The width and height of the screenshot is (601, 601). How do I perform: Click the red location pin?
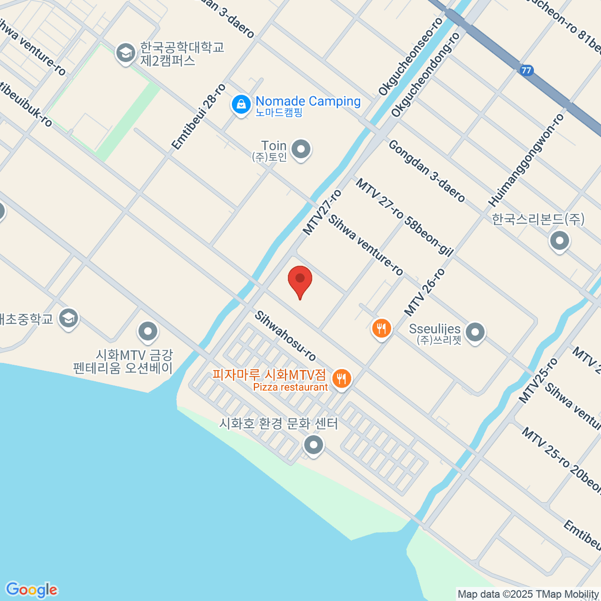coord(300,280)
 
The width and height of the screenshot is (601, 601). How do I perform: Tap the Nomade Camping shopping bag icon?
coord(241,105)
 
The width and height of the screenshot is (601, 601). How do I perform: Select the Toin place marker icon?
coord(301,149)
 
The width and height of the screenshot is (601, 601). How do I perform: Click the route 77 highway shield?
coord(526,70)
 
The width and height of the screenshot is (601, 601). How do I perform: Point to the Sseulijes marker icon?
coord(475,332)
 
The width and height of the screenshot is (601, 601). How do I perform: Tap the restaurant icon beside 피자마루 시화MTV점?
coord(342,378)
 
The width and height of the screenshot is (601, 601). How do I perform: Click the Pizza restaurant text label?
coord(290,387)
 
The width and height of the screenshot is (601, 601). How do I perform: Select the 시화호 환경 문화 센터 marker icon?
coord(314,444)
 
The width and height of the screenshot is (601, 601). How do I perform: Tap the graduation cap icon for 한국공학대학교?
coord(125,53)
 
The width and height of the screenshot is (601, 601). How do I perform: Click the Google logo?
coord(31,590)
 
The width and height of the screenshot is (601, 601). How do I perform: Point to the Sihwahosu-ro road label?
coord(285,336)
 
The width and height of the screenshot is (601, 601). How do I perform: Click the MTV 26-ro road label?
coord(424,292)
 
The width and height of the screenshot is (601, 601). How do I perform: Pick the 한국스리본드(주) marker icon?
coord(559,241)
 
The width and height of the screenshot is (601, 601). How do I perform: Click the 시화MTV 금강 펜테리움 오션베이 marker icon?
coord(148,331)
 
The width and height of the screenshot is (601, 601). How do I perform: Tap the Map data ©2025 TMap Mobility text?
coord(528,594)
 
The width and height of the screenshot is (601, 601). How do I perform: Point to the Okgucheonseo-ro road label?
coord(411,57)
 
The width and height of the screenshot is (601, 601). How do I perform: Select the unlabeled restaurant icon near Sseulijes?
coord(382,329)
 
